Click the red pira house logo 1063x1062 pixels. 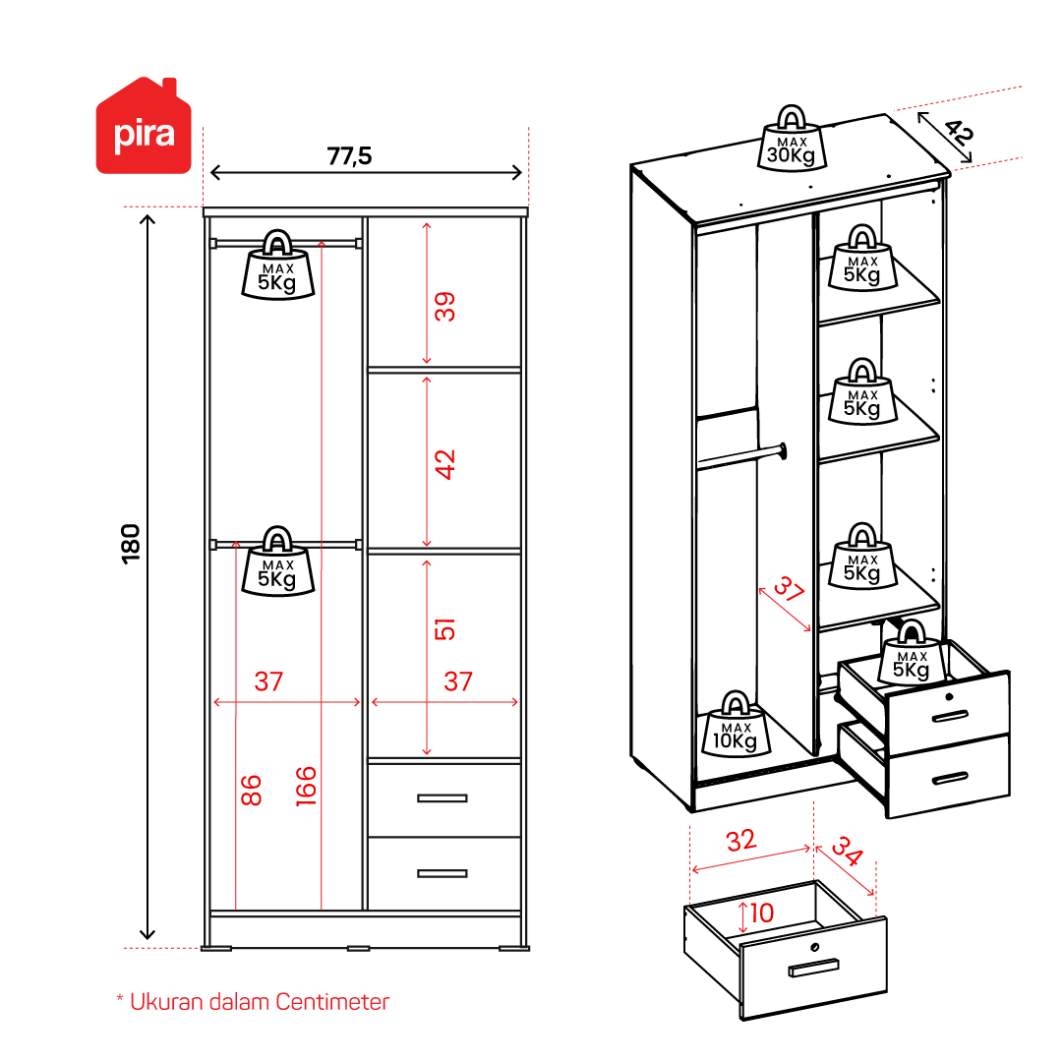click(144, 127)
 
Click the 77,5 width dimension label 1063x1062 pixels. click(350, 156)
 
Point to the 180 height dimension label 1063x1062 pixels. click(130, 544)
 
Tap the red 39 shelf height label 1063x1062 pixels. click(444, 307)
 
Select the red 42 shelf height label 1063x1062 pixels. click(444, 465)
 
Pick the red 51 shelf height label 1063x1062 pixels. click(444, 629)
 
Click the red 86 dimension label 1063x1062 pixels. click(251, 791)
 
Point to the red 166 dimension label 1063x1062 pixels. click(306, 786)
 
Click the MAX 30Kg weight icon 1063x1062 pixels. click(792, 138)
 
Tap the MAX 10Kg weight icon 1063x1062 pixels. click(736, 724)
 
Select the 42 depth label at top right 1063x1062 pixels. click(959, 132)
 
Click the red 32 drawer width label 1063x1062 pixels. click(741, 841)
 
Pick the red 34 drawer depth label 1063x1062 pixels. click(848, 852)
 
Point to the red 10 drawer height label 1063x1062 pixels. click(762, 913)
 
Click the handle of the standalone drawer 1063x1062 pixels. click(813, 968)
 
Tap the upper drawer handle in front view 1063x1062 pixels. click(442, 798)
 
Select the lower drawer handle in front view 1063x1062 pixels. click(442, 873)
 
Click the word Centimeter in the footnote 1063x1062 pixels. click(332, 1002)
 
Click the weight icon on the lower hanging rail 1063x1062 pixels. click(278, 561)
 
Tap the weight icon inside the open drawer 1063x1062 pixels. click(912, 652)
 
